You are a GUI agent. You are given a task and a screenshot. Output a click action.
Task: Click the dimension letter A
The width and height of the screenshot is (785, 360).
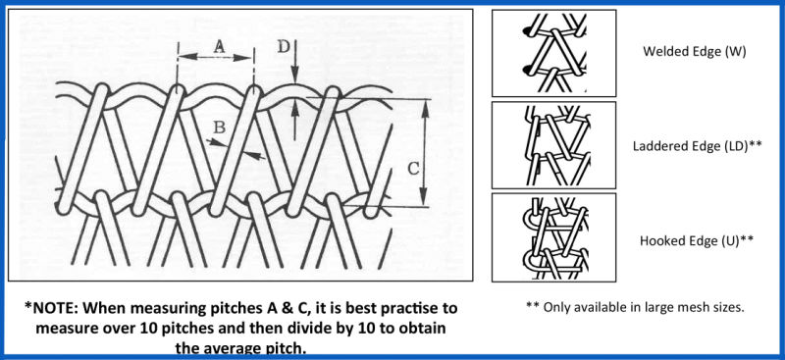click(219, 46)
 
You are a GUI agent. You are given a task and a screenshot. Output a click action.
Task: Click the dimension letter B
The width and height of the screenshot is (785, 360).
click(219, 129)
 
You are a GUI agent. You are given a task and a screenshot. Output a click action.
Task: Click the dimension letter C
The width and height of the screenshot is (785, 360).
click(413, 170)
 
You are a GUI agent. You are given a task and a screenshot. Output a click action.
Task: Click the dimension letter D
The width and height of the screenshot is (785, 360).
click(284, 46)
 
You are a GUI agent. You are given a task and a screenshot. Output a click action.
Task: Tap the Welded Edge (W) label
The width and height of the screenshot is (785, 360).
click(695, 52)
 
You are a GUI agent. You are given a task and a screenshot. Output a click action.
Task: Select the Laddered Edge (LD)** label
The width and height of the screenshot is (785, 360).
click(698, 146)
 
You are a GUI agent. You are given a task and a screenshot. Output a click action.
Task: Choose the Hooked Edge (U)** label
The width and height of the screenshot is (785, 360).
click(697, 241)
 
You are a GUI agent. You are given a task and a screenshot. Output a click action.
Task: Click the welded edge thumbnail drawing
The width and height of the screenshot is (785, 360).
click(554, 53)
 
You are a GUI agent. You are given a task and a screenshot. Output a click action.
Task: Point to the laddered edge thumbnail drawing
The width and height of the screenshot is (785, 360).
click(554, 145)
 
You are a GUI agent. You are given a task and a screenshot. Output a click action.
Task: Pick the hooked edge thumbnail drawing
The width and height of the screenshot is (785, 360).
click(554, 237)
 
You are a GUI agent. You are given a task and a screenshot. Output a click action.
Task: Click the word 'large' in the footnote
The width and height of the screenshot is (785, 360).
click(658, 307)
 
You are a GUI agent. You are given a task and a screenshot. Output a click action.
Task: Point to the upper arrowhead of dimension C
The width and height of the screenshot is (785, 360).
click(425, 107)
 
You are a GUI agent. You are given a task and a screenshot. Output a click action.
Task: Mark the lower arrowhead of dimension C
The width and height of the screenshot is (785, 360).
click(425, 198)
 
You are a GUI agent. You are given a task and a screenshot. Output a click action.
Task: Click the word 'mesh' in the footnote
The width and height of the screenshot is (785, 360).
click(688, 307)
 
